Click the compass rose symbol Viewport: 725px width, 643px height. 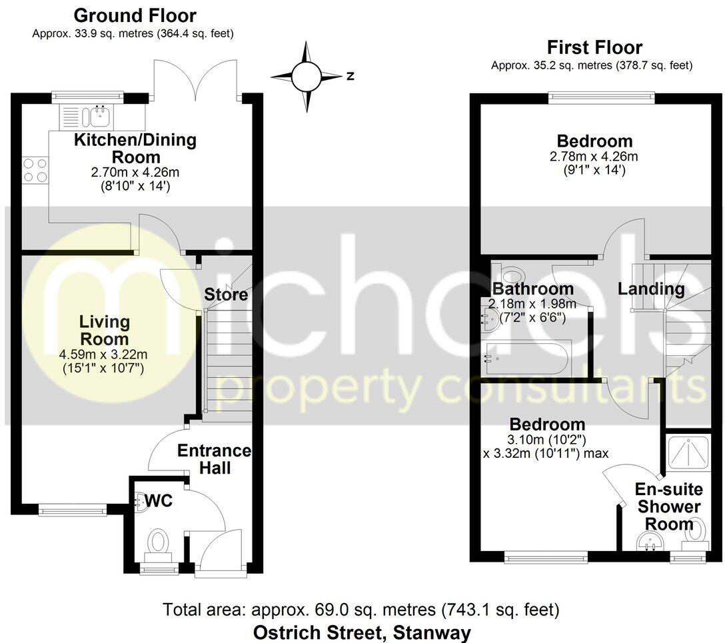[x=307, y=77]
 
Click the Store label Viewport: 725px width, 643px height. [x=226, y=295]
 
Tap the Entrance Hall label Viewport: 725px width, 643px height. [x=214, y=460]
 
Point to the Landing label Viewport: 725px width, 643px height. [x=650, y=289]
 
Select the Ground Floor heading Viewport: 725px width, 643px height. [x=135, y=15]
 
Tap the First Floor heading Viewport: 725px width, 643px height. [x=594, y=48]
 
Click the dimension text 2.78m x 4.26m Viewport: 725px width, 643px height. [x=594, y=157]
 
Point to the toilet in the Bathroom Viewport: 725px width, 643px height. [x=511, y=275]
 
